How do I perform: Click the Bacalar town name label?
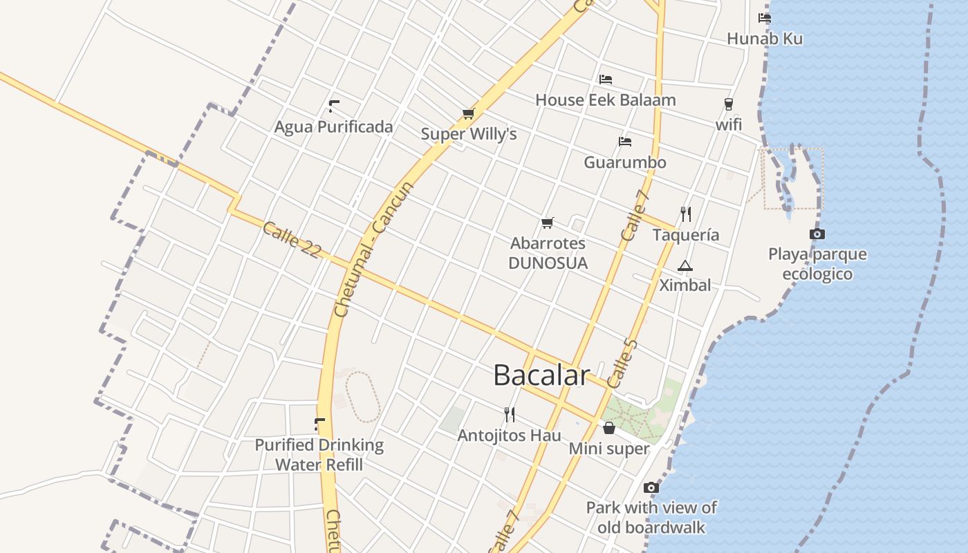point(541,375)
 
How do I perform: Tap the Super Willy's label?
point(469,133)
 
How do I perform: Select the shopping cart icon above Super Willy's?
point(469,113)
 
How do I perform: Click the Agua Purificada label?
point(333,126)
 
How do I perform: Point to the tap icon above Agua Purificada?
point(334,106)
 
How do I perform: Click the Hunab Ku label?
point(765,39)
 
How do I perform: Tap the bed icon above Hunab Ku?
point(764,18)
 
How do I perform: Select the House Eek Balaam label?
point(605,100)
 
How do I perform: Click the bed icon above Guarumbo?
point(625,142)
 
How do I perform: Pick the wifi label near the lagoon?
point(729,124)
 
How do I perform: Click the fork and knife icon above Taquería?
point(686,214)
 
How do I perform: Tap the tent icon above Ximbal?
point(685,265)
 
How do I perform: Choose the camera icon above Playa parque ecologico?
point(817,234)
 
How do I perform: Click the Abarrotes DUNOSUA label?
point(548,253)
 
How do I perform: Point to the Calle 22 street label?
point(292,240)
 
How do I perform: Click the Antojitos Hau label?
point(509,435)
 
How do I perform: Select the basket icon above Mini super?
point(609,429)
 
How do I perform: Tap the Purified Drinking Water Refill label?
point(319,454)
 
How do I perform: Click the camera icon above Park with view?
point(651,488)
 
